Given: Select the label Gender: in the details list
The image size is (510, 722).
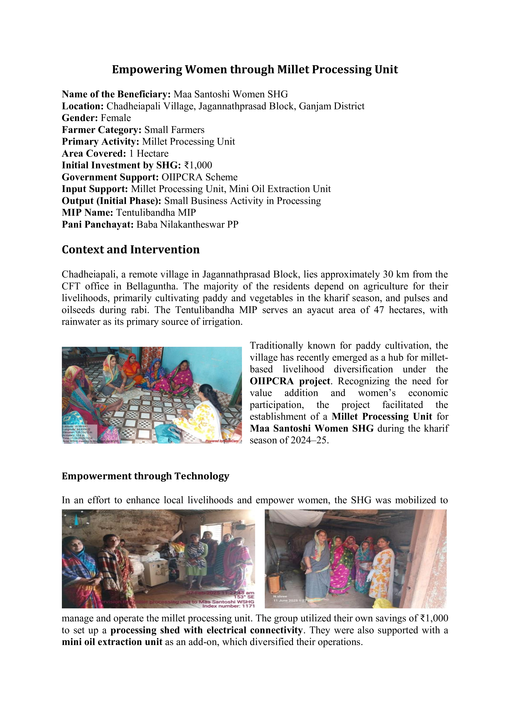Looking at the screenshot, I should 80,118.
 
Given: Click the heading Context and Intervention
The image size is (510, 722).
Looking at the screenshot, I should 131,249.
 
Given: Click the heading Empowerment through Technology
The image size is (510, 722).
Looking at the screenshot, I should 145,476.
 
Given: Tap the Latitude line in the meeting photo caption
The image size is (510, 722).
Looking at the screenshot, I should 75,426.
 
